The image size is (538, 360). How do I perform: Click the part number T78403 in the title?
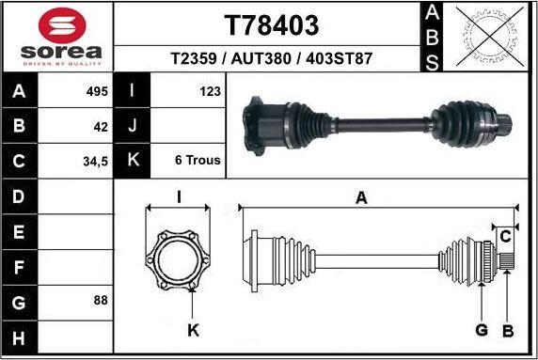(x=270, y=23)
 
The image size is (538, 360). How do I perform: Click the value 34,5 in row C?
(x=96, y=161)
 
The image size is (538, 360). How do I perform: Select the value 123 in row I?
(x=210, y=91)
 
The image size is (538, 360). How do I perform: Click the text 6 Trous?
(x=198, y=160)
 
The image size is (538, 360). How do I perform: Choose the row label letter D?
(x=21, y=196)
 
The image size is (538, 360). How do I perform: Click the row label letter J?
(x=133, y=125)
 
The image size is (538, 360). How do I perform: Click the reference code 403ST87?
(x=340, y=58)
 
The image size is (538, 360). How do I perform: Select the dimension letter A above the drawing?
(x=360, y=196)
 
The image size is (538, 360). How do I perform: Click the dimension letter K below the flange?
(x=193, y=330)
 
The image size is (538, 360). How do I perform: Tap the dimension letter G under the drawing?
(x=481, y=330)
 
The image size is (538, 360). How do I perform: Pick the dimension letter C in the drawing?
(x=505, y=235)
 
